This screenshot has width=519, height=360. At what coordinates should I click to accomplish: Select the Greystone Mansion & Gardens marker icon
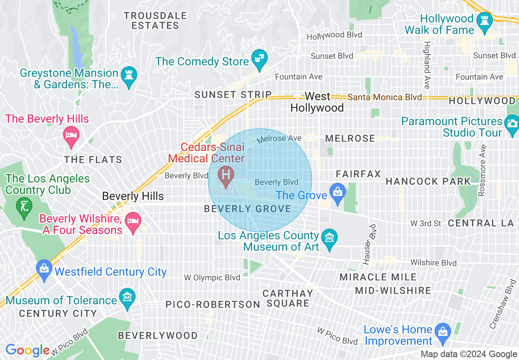[x=129, y=76]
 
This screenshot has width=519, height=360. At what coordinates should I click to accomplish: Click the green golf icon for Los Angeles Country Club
[x=24, y=205]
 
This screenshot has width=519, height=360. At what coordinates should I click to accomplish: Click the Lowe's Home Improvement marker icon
[x=442, y=331]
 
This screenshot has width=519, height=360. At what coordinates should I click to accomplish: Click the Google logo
[x=27, y=350]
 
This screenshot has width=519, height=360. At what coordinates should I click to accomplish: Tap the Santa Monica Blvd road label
[x=384, y=97]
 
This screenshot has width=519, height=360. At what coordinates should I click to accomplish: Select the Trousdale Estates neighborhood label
[x=156, y=20]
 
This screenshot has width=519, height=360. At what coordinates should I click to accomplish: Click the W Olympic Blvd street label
[x=212, y=278]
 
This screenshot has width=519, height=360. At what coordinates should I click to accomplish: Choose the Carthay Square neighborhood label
[x=288, y=298]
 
